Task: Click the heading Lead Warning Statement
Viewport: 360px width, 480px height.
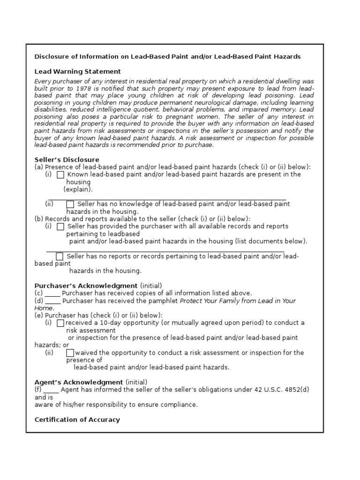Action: [77, 72]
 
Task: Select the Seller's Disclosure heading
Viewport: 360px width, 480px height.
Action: [67, 160]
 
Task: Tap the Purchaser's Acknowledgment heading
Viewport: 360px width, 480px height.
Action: [86, 285]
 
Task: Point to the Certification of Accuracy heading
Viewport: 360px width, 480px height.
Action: [77, 420]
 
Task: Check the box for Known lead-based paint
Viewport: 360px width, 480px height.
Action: [60, 175]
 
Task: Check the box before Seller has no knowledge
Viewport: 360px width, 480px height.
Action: [70, 204]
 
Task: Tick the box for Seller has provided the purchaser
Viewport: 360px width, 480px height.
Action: [60, 227]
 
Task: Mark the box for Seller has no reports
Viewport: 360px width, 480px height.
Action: [60, 256]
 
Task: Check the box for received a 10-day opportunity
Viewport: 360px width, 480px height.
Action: [60, 323]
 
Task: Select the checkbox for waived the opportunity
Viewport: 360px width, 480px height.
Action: [70, 353]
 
